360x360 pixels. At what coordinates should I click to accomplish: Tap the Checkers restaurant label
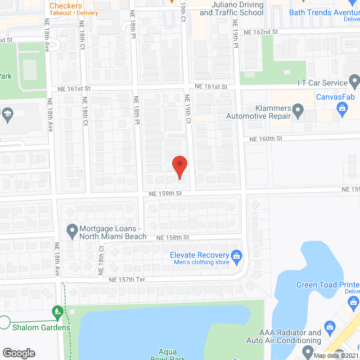click(x=66, y=6)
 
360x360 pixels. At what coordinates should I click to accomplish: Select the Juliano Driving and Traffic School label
click(x=231, y=8)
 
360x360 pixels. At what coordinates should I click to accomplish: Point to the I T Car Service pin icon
click(x=354, y=83)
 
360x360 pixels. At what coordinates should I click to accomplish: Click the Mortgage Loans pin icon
click(x=71, y=230)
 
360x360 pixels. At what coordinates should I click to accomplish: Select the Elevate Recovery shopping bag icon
click(x=237, y=256)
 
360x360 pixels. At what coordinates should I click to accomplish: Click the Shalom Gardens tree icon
click(x=57, y=311)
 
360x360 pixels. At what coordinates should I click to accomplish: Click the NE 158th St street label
click(x=173, y=238)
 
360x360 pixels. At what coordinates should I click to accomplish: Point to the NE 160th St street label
click(x=265, y=138)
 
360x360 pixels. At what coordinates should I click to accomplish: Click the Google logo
click(x=19, y=353)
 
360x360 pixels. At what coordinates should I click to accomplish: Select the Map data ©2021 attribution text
click(x=336, y=355)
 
